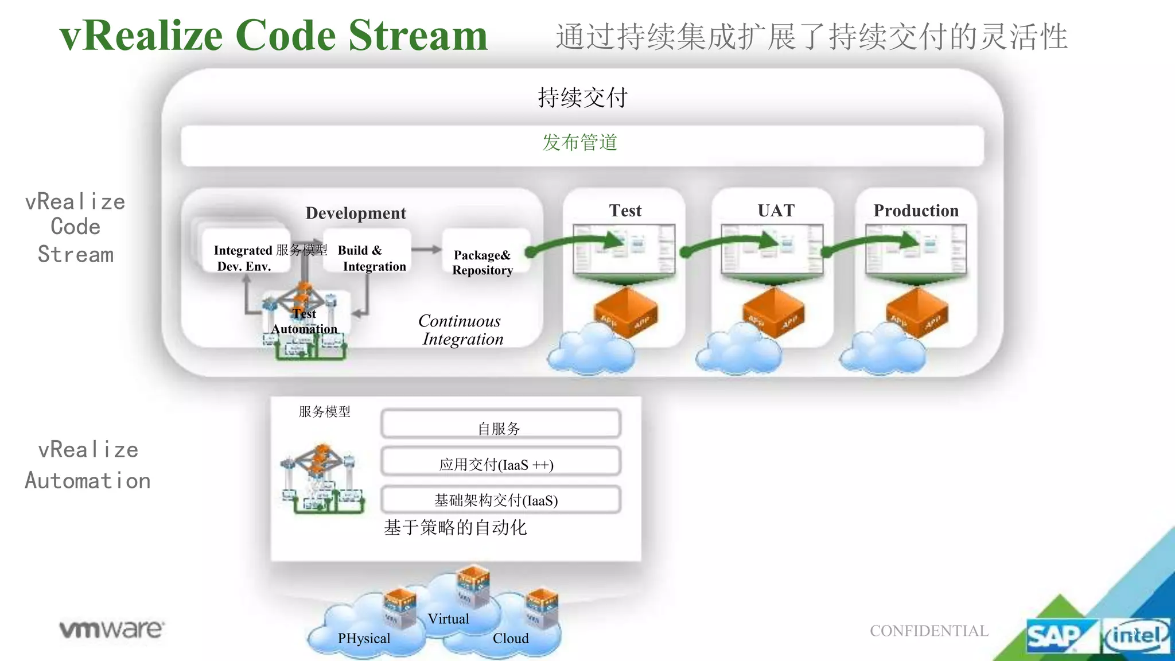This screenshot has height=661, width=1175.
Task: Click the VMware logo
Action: pos(111,629)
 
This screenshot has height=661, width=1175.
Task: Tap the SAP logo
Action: pos(1054,636)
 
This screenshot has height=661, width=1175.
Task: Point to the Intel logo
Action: pos(1136,636)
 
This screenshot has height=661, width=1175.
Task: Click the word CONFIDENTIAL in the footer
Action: pos(929,631)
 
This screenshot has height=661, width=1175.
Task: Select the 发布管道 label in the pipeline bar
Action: pos(580,142)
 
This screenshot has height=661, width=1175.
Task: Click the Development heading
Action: pos(356,213)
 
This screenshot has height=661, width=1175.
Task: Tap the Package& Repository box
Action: pos(483,262)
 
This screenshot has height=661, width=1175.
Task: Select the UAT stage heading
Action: pos(776,211)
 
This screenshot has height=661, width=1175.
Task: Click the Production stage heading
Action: pos(916,211)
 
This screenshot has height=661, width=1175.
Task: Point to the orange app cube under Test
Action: pos(625,312)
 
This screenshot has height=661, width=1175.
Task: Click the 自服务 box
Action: pos(500,425)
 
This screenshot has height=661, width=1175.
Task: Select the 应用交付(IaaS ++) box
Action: pos(500,462)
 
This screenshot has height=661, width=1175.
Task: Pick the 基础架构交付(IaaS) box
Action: pos(500,500)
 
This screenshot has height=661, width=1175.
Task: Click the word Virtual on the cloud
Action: pos(448,619)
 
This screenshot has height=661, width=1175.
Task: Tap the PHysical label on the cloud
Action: pos(364,638)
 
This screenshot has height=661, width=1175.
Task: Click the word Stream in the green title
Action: pos(418,36)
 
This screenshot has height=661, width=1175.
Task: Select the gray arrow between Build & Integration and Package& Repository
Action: pos(426,250)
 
